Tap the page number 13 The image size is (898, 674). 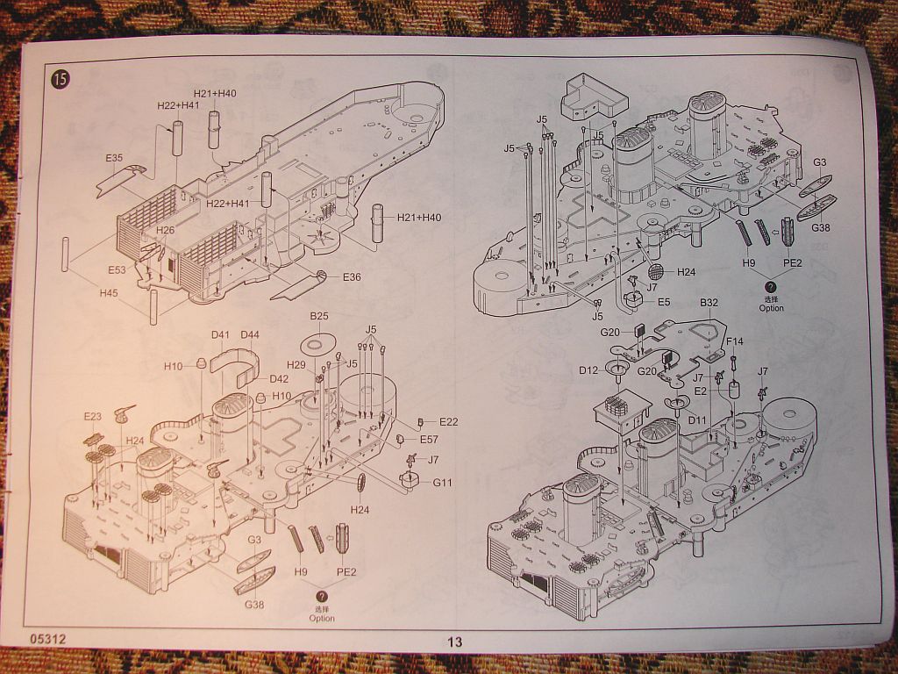[x=454, y=642]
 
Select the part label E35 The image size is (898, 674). [x=114, y=158]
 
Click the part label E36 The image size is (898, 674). [x=352, y=277]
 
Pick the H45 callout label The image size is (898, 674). [x=108, y=292]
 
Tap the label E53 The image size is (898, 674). [x=118, y=269]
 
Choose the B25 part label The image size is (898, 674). [x=318, y=316]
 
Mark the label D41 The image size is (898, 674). [x=220, y=334]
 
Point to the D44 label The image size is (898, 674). [x=250, y=334]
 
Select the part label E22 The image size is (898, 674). [x=448, y=422]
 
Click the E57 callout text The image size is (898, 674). [x=429, y=439]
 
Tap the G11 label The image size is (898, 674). [x=441, y=482]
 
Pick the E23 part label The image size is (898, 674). [x=93, y=416]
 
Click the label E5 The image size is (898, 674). [x=664, y=303]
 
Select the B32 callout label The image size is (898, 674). [x=709, y=303]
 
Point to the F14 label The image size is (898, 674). [x=734, y=341]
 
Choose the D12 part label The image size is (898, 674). [x=588, y=369]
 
